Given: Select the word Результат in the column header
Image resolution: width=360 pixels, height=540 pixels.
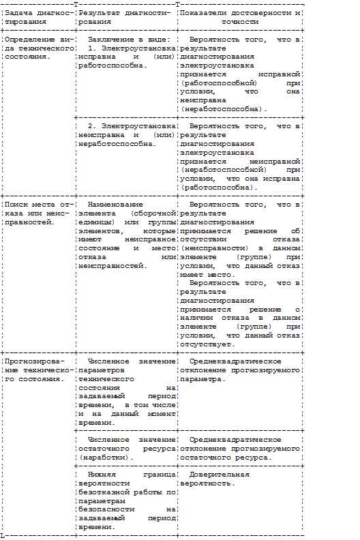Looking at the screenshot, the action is [99, 13].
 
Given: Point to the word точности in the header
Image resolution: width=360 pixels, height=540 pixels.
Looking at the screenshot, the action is [240, 22].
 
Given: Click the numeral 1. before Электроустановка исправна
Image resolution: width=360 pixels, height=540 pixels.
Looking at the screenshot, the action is [93, 48].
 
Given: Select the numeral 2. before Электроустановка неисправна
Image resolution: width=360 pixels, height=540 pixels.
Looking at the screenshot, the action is [93, 126].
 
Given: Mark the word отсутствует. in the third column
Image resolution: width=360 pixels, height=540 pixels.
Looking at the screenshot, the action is [207, 344].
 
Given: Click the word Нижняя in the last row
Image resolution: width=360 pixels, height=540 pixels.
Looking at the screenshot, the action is [102, 474].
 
